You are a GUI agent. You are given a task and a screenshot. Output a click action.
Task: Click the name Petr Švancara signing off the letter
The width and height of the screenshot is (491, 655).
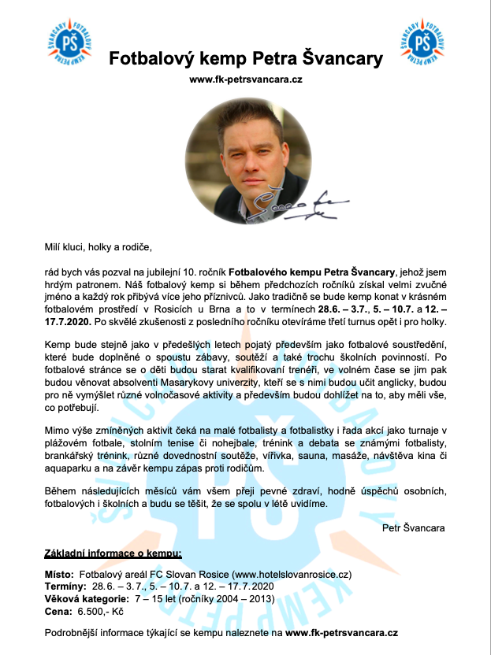(x=413, y=527)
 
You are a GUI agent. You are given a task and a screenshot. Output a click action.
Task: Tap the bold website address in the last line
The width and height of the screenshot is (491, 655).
(x=341, y=632)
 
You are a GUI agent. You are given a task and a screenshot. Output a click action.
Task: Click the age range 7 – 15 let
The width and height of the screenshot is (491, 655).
(x=161, y=598)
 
